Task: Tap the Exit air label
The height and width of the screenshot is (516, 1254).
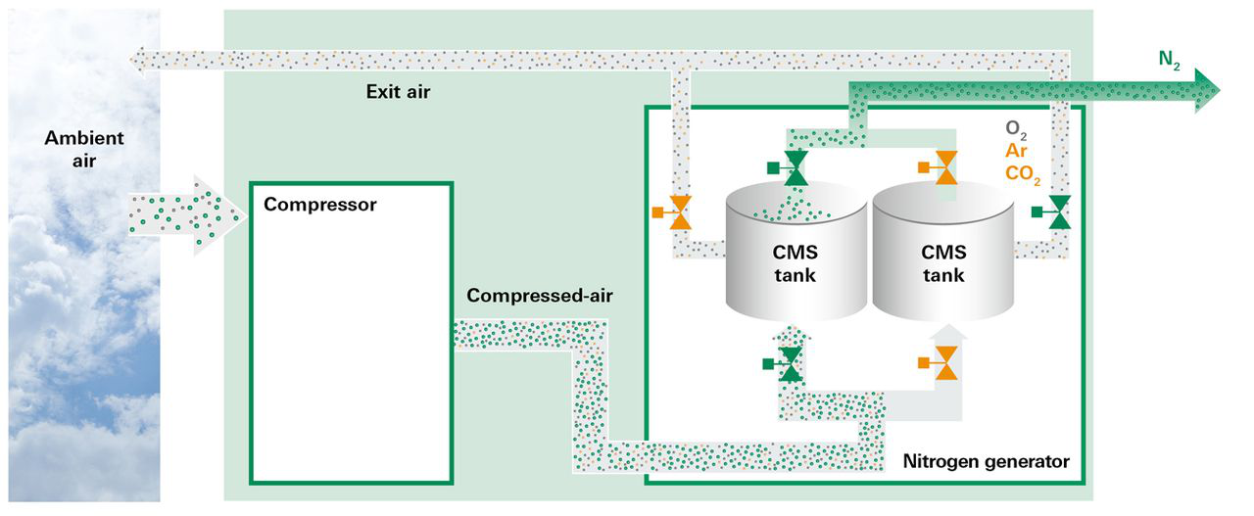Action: tap(398, 93)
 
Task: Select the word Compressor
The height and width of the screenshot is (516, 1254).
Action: tap(320, 206)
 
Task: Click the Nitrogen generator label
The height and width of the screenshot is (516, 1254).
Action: tap(986, 460)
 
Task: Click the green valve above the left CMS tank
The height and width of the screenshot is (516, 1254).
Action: tap(795, 168)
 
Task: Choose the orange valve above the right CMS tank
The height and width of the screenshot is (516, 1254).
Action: tap(945, 168)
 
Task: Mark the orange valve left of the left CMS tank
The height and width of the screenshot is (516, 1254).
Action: tap(679, 211)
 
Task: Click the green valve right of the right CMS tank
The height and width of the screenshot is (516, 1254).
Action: tap(1059, 211)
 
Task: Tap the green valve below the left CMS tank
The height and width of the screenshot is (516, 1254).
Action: tap(789, 364)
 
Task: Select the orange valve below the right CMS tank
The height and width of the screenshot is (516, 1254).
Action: tap(945, 364)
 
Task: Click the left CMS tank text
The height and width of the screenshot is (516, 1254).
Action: tap(795, 263)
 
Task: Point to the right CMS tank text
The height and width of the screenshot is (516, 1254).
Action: tap(943, 263)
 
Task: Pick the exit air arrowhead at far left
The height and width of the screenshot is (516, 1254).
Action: tap(138, 60)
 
